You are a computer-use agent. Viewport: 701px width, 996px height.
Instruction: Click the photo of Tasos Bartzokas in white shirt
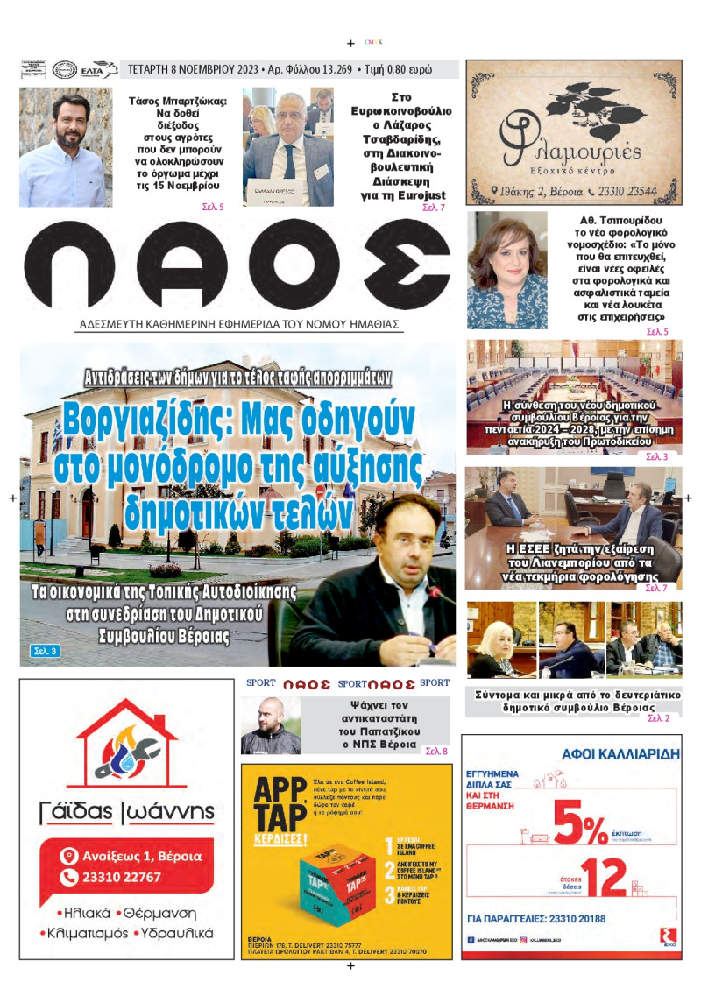click(x=66, y=147)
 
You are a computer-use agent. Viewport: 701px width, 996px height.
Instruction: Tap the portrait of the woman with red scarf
click(x=507, y=270)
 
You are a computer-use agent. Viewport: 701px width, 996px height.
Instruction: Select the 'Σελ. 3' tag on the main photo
click(x=45, y=651)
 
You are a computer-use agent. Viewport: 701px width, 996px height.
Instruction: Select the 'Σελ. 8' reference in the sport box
click(x=435, y=752)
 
